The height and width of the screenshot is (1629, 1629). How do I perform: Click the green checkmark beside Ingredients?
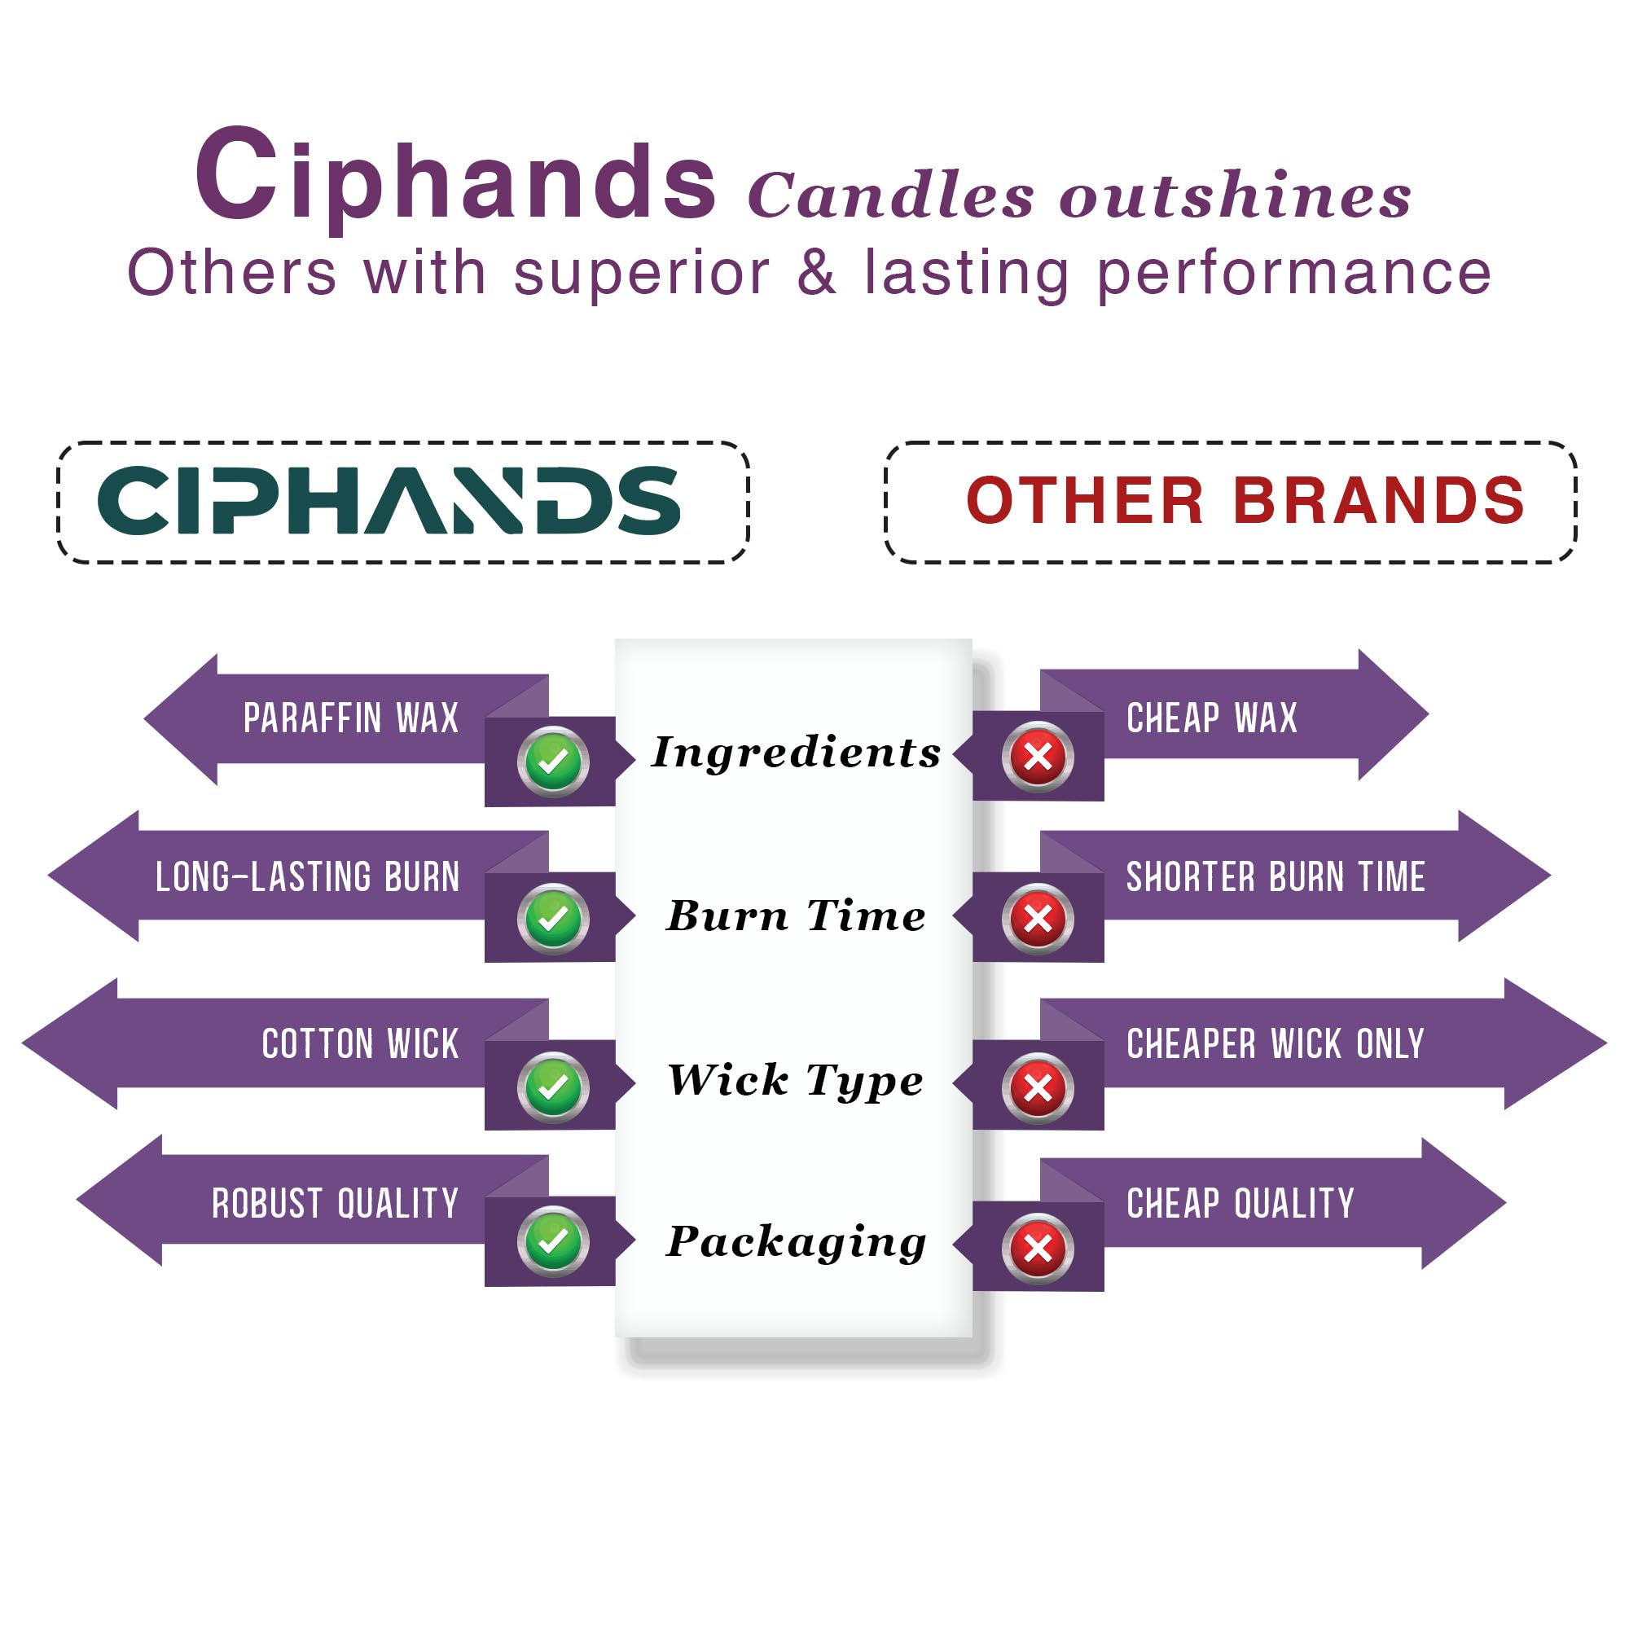click(553, 762)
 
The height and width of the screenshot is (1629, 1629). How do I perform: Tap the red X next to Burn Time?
click(1038, 918)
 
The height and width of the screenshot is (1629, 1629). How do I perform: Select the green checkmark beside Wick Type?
click(553, 1087)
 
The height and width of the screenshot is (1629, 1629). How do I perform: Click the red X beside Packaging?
click(1038, 1249)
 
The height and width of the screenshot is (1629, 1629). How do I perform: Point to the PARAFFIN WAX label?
click(351, 718)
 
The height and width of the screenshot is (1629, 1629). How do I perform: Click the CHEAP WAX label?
click(1212, 718)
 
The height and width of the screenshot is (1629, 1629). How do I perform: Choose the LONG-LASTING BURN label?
click(308, 877)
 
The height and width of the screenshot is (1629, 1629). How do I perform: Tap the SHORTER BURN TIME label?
click(1276, 877)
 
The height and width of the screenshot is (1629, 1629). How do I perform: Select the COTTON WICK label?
click(361, 1044)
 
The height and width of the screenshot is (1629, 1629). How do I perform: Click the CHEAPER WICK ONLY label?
click(1276, 1044)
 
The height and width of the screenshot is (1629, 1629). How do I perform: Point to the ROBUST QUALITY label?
click(336, 1203)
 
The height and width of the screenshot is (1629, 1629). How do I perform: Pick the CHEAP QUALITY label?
click(1240, 1203)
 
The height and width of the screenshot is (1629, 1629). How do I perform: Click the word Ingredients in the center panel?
click(796, 752)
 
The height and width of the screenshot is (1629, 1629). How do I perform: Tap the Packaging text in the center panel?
click(796, 1242)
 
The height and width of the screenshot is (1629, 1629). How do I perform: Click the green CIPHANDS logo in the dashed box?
click(389, 500)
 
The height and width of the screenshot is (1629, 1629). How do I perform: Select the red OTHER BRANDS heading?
click(1245, 500)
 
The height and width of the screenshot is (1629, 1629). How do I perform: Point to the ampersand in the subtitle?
click(816, 272)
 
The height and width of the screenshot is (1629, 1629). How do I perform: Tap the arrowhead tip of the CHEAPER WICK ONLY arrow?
click(1605, 1044)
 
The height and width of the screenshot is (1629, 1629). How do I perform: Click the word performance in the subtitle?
click(1294, 274)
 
